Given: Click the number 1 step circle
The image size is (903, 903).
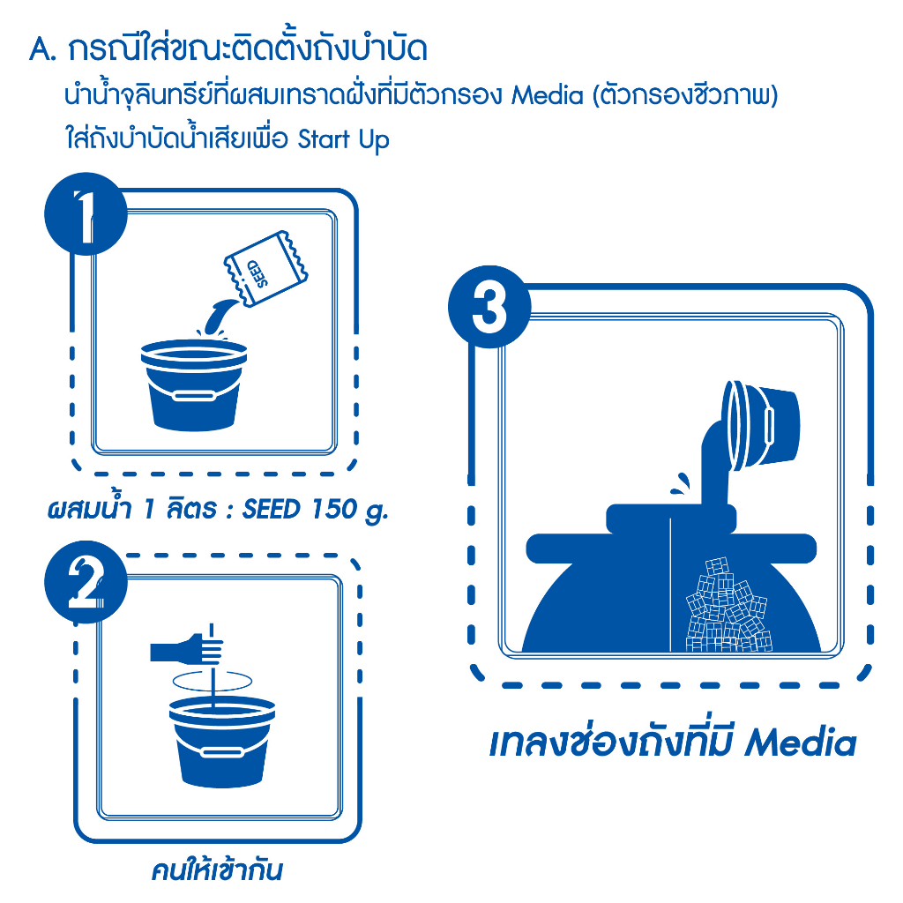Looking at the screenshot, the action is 86,213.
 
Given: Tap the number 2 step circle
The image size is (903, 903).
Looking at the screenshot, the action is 86,582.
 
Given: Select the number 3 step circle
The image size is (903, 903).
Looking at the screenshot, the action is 489,306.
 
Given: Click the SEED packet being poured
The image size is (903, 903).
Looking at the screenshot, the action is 265,268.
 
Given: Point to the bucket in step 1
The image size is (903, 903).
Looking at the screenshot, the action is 194,384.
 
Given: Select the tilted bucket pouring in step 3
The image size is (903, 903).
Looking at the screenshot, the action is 760,426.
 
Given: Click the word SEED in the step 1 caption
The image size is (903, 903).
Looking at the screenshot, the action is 272,509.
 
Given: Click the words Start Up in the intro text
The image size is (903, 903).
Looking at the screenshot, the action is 343,140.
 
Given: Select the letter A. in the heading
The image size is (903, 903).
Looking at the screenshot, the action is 43,50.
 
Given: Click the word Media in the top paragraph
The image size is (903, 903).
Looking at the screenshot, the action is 548,95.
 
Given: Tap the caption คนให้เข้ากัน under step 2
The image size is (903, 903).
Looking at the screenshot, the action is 217,870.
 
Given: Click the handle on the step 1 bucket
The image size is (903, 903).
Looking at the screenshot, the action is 194,396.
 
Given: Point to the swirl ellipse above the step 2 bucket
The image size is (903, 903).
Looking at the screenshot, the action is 213,680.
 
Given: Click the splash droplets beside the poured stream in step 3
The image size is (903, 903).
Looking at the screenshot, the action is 681,484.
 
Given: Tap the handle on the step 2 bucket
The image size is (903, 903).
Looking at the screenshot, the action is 222,753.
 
